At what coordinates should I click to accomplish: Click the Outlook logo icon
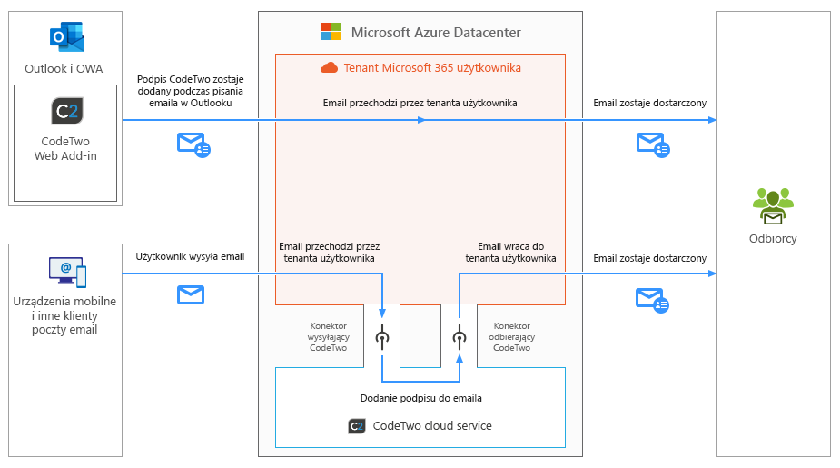[67, 38]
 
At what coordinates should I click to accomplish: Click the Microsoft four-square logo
[331, 32]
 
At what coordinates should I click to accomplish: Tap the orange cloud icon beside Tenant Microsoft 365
[329, 67]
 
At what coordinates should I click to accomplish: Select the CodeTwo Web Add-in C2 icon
[66, 111]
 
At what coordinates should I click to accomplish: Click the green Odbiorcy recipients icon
[773, 205]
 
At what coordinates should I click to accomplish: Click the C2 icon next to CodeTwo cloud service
[357, 425]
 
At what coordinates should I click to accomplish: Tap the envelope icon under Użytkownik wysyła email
[190, 294]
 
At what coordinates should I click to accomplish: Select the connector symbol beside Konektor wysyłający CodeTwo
[382, 337]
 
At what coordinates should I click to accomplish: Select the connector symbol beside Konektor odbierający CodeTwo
[460, 337]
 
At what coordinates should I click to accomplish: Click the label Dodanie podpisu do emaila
[420, 398]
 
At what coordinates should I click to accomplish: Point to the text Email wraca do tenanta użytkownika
[510, 252]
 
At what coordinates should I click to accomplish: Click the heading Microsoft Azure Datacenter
[436, 33]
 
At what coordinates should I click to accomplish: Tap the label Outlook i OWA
[64, 68]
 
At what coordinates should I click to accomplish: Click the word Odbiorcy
[773, 239]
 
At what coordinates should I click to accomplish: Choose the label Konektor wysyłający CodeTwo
[328, 336]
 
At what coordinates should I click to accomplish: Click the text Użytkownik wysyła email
[190, 257]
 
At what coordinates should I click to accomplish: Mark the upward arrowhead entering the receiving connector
[460, 358]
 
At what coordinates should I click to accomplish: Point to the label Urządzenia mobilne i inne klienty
[65, 314]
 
